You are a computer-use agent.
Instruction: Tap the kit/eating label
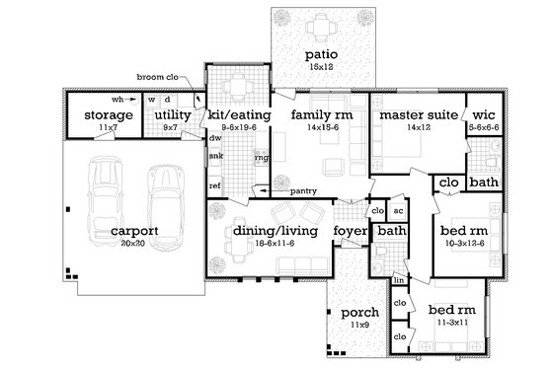click(x=234, y=115)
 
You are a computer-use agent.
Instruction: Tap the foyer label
click(x=349, y=230)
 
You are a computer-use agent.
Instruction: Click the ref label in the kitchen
click(x=214, y=185)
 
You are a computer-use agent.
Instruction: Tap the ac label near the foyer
click(x=398, y=210)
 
